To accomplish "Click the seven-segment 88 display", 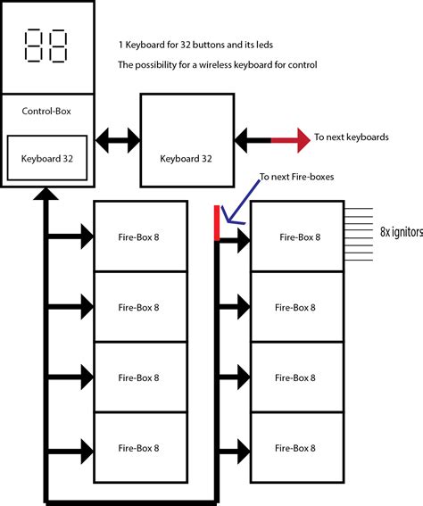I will [x=46, y=47].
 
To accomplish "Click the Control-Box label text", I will [x=47, y=112].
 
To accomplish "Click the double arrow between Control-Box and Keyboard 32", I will [x=118, y=139].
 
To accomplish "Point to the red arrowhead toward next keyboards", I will [x=294, y=138].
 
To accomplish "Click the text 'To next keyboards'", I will [x=351, y=138].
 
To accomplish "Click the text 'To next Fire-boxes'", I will [x=297, y=178].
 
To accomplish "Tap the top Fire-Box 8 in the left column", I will [x=140, y=236].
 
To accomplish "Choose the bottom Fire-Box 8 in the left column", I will [x=140, y=448].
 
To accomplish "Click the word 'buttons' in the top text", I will [x=213, y=44].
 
